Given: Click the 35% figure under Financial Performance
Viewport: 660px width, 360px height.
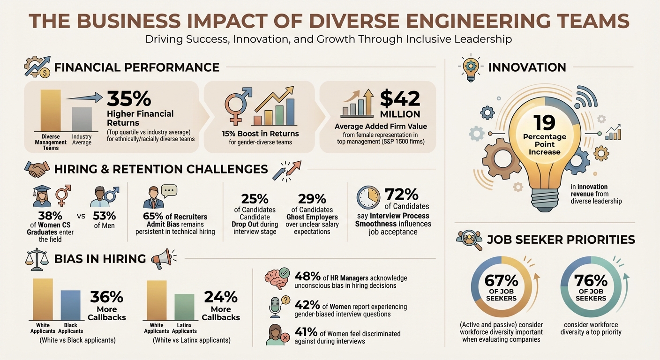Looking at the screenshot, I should click(129, 98).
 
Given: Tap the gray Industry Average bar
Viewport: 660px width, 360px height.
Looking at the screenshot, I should click(82, 119).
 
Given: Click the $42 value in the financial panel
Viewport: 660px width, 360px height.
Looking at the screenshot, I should click(400, 98).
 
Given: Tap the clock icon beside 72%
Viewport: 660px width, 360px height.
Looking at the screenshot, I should click(367, 197).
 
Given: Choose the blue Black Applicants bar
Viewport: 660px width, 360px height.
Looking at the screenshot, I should click(70, 305).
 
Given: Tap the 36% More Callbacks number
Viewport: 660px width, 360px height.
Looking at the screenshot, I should click(106, 297).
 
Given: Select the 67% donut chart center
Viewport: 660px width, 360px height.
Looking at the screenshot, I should click(501, 288).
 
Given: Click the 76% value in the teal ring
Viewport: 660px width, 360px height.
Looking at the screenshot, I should click(591, 280).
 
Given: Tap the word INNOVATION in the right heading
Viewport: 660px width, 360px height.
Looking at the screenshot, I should click(527, 67).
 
